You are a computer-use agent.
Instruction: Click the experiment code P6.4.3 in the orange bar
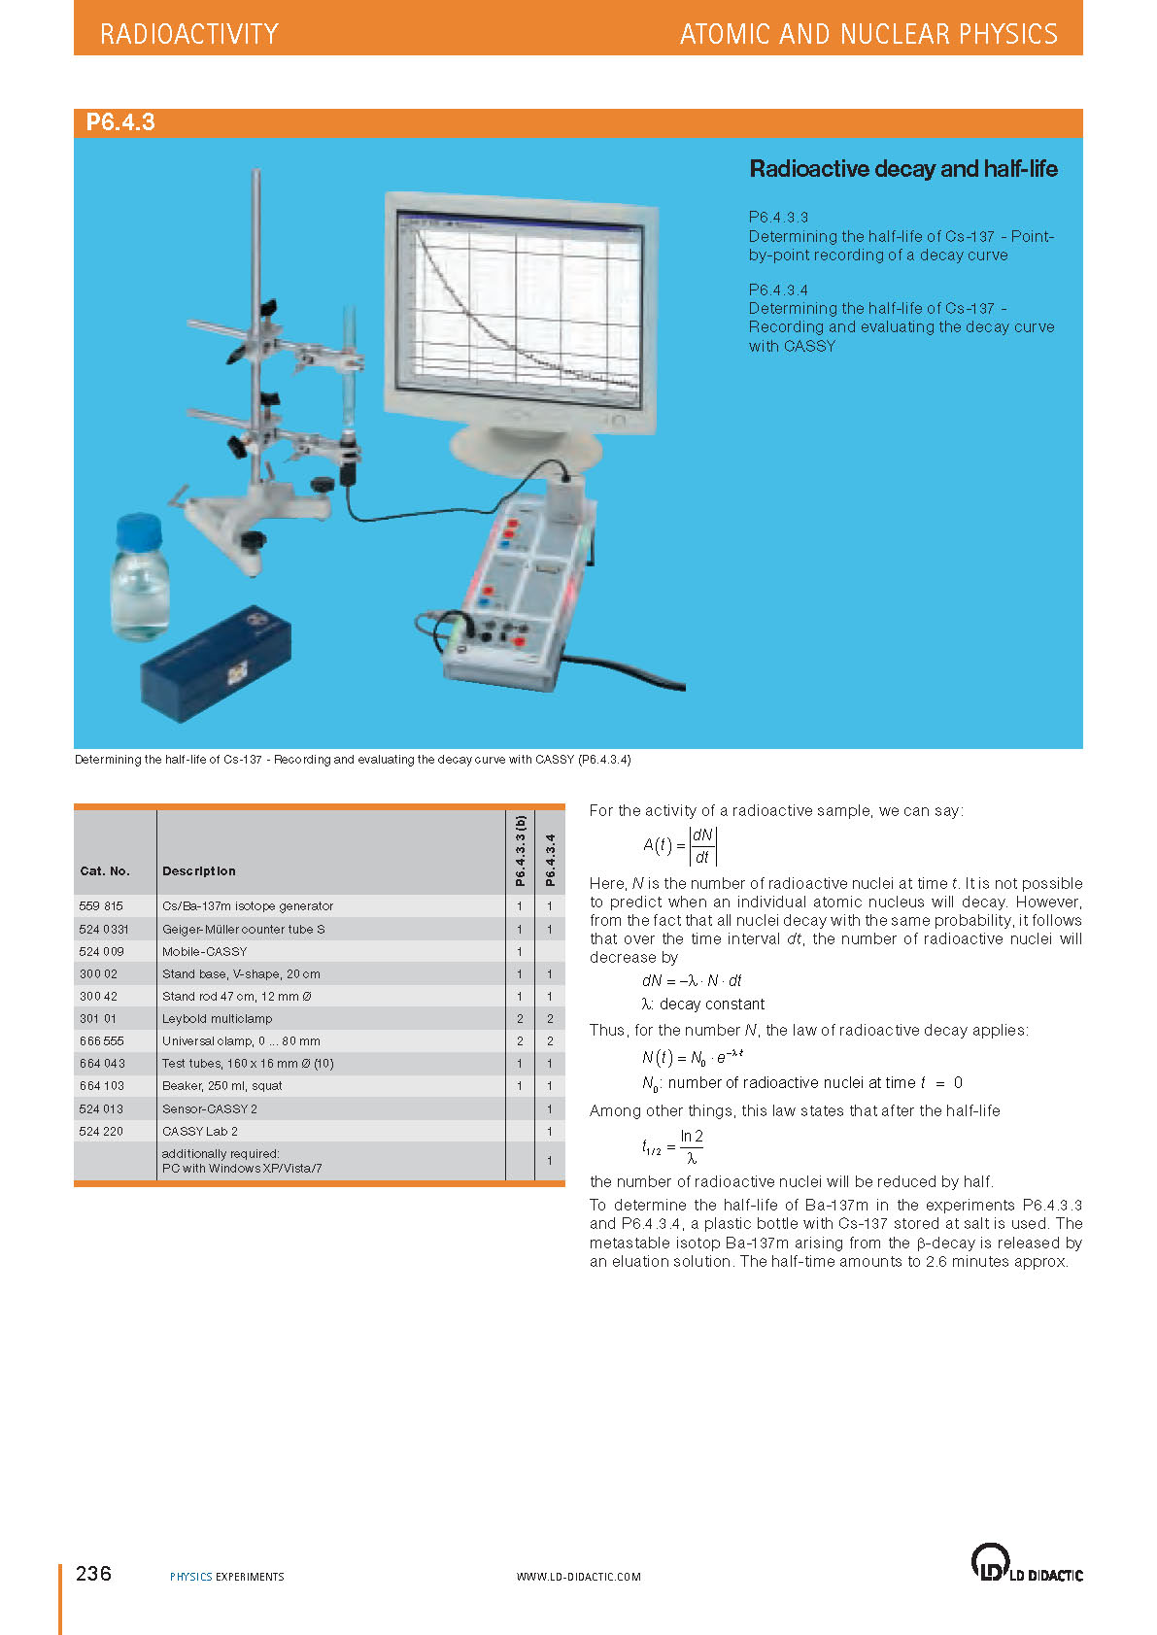pos(120,122)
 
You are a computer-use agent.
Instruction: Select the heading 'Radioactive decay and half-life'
pos(902,169)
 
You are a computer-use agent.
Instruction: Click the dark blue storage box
pos(216,664)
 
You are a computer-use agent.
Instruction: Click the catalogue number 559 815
pos(101,906)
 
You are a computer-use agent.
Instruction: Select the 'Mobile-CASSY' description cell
pos(204,952)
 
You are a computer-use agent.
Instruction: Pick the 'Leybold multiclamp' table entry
pos(217,1019)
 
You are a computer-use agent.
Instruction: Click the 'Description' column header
pos(198,871)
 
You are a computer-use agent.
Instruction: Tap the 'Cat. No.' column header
pos(105,871)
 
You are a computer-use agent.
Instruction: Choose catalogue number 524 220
pos(101,1132)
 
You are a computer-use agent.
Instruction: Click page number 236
pos(93,1574)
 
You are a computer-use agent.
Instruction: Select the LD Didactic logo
pos(1026,1563)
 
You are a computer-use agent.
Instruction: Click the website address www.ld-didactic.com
pos(578,1577)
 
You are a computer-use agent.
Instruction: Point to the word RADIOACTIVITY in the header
pos(189,35)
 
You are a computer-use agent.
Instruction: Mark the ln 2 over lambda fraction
pos(691,1147)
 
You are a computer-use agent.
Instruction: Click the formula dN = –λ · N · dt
pos(691,981)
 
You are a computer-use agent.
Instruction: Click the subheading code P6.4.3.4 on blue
pos(778,290)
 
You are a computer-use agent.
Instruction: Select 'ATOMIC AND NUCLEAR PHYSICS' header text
pos(868,35)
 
